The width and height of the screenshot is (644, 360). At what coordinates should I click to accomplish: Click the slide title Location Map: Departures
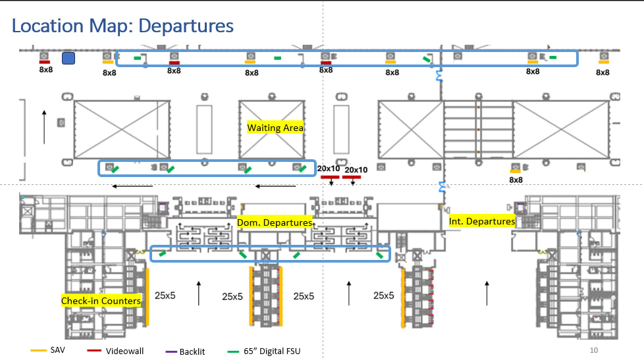(123, 26)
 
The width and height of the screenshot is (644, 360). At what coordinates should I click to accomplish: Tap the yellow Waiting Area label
(275, 128)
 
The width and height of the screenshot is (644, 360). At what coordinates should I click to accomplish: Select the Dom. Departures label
(275, 223)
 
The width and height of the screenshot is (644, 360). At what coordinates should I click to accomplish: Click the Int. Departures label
(482, 221)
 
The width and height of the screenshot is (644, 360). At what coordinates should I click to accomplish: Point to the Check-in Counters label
(101, 301)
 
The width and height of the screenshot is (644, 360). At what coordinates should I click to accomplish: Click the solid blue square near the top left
(68, 59)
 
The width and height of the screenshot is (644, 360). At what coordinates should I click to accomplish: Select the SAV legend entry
(57, 350)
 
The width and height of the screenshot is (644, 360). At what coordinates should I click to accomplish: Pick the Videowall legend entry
(124, 351)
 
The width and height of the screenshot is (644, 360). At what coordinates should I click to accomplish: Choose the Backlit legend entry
(192, 351)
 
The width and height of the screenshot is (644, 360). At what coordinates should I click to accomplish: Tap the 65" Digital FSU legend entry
(271, 351)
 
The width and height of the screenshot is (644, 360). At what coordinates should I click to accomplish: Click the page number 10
(594, 350)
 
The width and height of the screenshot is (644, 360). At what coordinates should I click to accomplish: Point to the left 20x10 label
(329, 168)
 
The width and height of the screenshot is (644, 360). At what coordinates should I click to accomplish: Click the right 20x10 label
(356, 170)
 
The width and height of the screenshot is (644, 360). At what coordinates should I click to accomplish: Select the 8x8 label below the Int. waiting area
(516, 180)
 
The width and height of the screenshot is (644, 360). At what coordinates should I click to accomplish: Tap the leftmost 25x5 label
(165, 296)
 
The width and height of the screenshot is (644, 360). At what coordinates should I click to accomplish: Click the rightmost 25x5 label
(384, 296)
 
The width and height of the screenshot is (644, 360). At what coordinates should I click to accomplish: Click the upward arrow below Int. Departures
(487, 292)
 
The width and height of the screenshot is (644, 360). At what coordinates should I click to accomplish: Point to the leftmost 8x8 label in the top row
(45, 69)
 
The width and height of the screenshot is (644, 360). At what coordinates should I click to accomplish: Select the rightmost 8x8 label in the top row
(603, 72)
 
